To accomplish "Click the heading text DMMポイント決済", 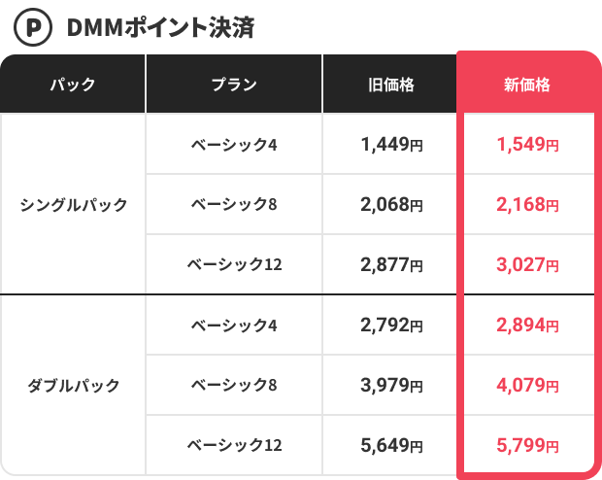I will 160,27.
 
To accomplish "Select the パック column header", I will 73,85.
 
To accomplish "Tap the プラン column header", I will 234,85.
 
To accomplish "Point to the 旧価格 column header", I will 391,85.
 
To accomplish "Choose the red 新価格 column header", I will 527,85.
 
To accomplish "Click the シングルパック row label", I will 73,205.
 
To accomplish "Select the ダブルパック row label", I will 73,386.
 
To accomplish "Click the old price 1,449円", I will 391,145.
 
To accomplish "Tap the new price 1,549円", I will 527,145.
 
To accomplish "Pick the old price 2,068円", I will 391,205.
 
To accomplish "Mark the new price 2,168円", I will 527,205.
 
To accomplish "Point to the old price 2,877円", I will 391,264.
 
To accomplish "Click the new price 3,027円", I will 527,264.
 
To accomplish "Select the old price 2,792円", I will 391,326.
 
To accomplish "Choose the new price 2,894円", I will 527,326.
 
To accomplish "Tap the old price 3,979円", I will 391,386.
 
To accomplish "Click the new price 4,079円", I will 527,386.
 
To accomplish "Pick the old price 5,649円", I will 391,445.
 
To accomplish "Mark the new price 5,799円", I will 527,445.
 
